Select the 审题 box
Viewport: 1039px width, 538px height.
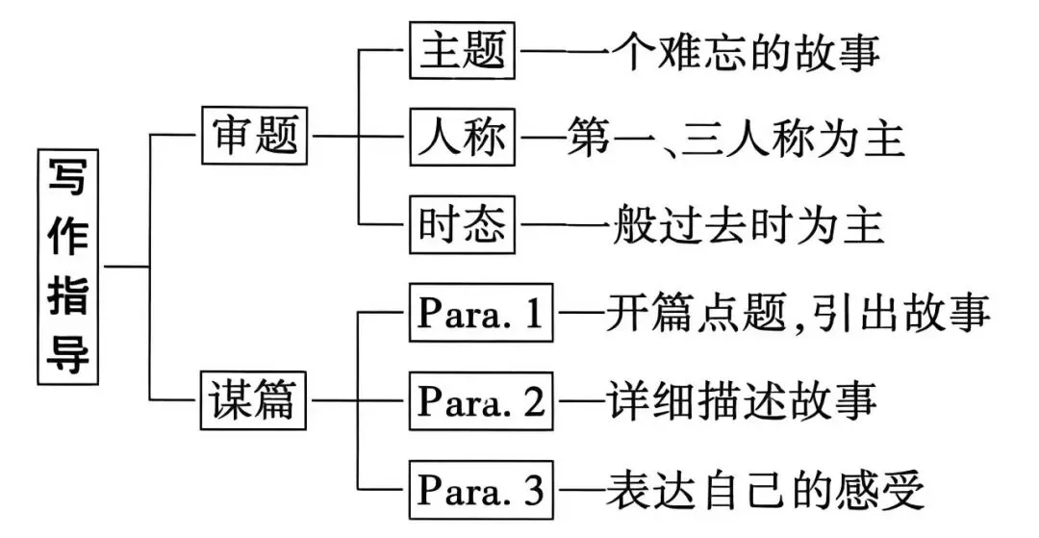[x=256, y=137]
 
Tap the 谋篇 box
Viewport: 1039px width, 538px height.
[x=256, y=398]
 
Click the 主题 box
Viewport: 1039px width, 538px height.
[x=462, y=50]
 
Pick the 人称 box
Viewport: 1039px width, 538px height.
[x=462, y=139]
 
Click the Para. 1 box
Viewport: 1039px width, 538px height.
[x=482, y=312]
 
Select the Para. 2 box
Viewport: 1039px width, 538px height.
[x=482, y=398]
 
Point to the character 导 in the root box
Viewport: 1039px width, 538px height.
[x=69, y=353]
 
